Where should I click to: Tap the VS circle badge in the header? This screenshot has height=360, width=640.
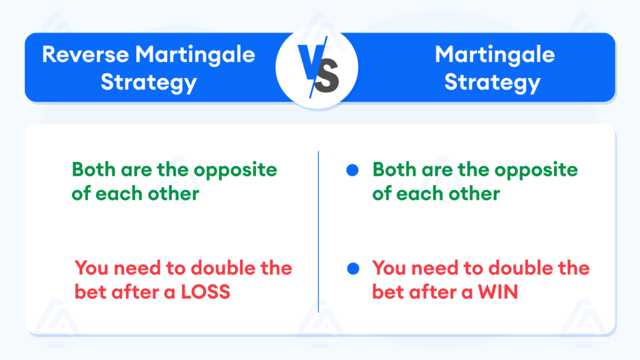(317, 67)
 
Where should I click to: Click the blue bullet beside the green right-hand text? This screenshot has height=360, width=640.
(352, 170)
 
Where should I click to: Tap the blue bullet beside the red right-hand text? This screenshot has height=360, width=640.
(352, 269)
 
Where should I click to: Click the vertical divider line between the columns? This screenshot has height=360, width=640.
(318, 231)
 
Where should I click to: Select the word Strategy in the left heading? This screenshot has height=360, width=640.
(149, 82)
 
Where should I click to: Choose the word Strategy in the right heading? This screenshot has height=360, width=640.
(492, 82)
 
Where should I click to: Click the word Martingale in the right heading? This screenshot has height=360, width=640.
(495, 54)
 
